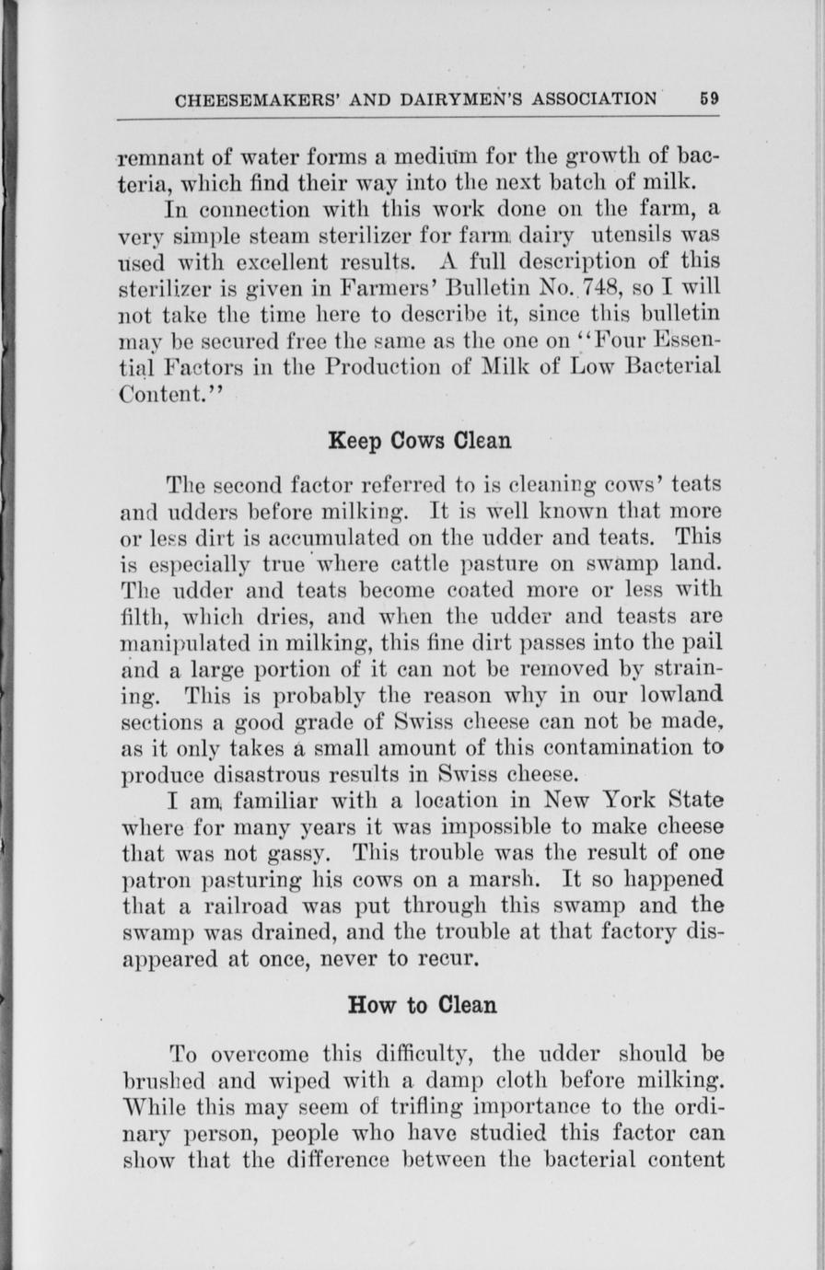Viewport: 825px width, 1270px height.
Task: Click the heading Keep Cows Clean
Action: click(x=420, y=441)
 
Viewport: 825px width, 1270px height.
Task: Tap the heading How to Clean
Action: click(x=423, y=1005)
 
